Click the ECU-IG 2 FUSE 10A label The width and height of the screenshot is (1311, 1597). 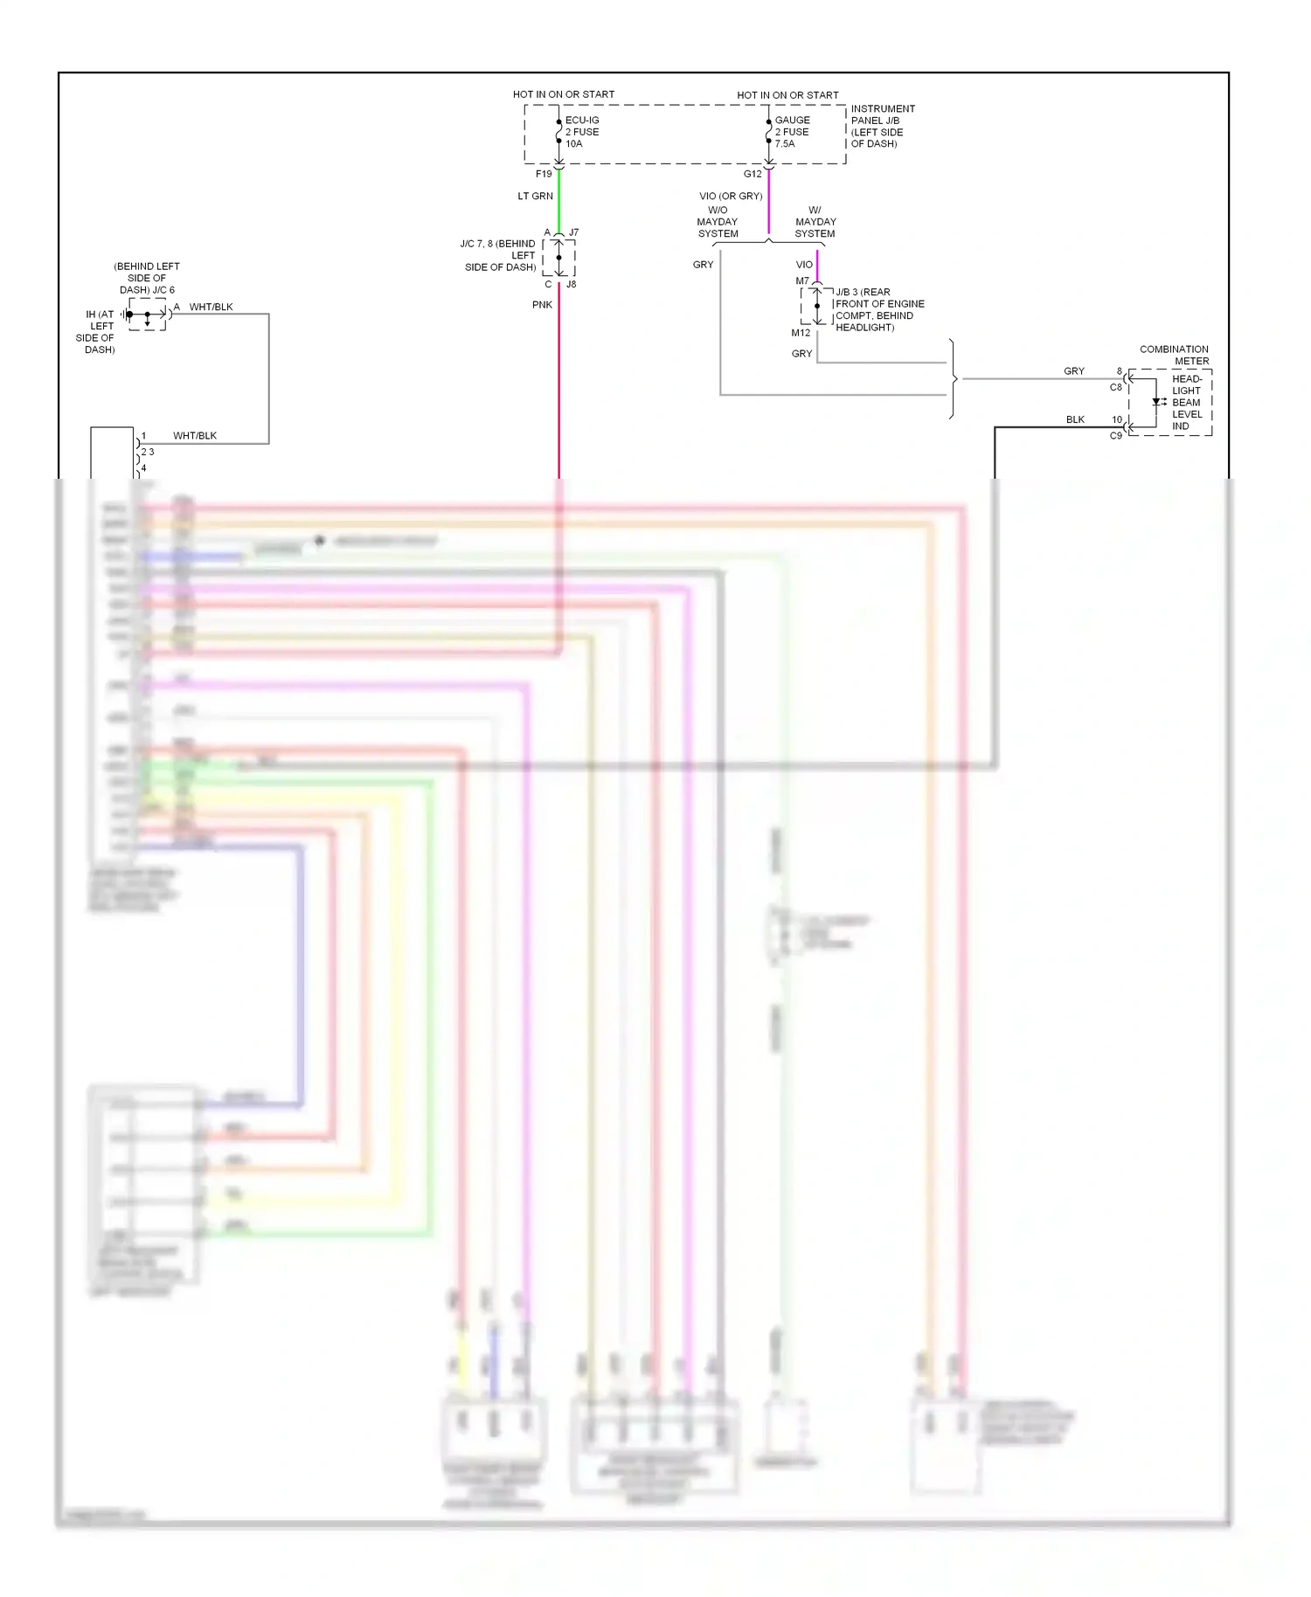click(582, 132)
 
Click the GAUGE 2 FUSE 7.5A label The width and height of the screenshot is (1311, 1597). click(792, 132)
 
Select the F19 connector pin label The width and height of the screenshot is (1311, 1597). click(544, 174)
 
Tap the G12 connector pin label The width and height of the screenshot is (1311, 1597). click(753, 174)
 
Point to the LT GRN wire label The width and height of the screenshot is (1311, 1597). click(535, 197)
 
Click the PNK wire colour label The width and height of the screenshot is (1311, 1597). click(542, 305)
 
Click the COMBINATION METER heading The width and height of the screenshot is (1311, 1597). click(1174, 355)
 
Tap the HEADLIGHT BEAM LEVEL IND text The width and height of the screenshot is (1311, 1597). click(1186, 403)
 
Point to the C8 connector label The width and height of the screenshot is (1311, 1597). click(1115, 387)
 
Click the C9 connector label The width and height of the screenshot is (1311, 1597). click(1115, 436)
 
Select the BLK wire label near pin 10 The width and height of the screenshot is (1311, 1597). click(1075, 420)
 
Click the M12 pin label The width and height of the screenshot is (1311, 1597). click(801, 333)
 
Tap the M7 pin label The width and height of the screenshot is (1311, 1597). click(801, 281)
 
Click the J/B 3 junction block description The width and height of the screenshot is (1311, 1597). click(878, 310)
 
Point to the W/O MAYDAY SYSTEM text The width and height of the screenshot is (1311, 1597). click(718, 222)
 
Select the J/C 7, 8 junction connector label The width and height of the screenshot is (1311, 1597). click(499, 255)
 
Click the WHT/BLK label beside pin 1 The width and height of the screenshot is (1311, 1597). click(195, 436)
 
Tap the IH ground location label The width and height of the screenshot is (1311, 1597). click(99, 332)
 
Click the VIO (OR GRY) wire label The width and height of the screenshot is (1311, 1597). click(731, 197)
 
